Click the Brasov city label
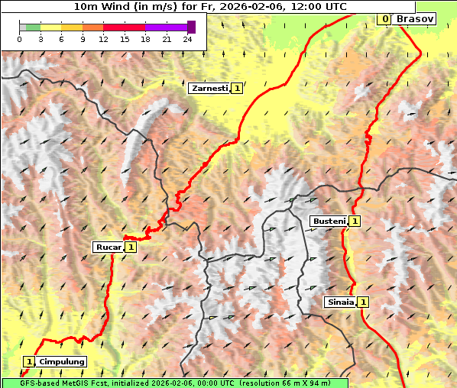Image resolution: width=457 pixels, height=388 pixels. pyautogui.click(x=416, y=18)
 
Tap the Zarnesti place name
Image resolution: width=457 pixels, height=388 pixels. pyautogui.click(x=209, y=89)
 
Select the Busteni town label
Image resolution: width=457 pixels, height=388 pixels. pyautogui.click(x=329, y=221)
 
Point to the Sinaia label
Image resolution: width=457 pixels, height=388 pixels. pyautogui.click(x=340, y=302)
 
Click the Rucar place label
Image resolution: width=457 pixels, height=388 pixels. pyautogui.click(x=109, y=247)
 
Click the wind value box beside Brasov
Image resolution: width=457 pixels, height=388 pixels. pyautogui.click(x=385, y=18)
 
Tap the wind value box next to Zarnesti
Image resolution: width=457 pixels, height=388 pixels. pyautogui.click(x=237, y=89)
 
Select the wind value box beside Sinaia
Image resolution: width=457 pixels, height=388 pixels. pyautogui.click(x=362, y=302)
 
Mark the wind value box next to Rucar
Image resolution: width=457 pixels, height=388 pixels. pyautogui.click(x=131, y=247)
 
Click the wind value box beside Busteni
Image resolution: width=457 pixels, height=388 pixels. pyautogui.click(x=355, y=221)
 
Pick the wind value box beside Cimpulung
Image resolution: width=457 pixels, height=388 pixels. pyautogui.click(x=29, y=361)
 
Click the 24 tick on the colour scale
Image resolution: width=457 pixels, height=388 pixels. pyautogui.click(x=188, y=39)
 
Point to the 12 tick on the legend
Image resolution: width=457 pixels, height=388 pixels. pyautogui.click(x=103, y=39)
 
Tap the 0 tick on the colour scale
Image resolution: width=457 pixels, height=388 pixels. pyautogui.click(x=20, y=39)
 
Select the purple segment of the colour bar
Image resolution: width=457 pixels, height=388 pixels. pyautogui.click(x=166, y=27)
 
